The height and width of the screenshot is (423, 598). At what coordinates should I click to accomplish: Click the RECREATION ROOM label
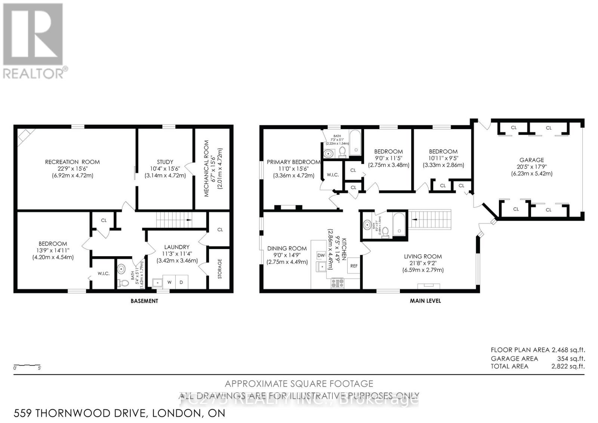[72, 162]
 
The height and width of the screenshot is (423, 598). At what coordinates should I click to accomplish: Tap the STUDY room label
[165, 162]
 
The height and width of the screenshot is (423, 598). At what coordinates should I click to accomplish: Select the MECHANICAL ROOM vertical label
[206, 168]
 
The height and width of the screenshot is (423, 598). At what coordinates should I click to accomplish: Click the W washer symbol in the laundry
[169, 282]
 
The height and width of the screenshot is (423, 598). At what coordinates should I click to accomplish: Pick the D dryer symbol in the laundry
[181, 282]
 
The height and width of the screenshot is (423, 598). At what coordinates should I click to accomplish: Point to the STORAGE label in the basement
[220, 269]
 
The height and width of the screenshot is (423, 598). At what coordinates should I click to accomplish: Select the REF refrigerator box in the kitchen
[354, 266]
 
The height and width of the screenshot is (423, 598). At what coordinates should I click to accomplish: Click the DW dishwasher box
[321, 255]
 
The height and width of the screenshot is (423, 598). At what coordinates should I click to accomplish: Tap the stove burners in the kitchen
[337, 283]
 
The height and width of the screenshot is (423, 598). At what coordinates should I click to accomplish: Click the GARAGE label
[531, 160]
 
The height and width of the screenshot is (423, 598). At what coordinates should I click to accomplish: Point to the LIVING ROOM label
[423, 257]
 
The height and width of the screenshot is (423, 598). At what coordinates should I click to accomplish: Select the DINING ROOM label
[287, 248]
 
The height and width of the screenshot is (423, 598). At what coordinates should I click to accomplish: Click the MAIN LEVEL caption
[425, 301]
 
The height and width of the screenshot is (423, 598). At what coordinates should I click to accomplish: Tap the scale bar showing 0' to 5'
[27, 366]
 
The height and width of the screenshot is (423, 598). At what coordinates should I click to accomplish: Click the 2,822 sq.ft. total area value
[568, 367]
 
